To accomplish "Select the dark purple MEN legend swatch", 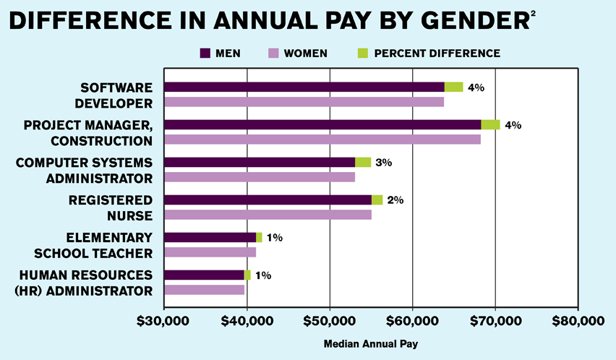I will pos(206,53).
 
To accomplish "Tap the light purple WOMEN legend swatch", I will pos(274,53).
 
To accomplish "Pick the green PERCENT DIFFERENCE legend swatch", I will pos(363,53).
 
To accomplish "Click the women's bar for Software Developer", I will pos(304,102).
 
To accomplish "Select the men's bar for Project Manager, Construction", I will pos(322,124).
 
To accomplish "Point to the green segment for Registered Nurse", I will pos(377,200).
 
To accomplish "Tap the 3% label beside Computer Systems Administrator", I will pos(383,163).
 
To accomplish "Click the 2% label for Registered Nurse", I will pos(395,200).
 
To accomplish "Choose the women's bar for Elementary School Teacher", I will pos(210,252).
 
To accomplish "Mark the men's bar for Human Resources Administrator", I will pos(204,275).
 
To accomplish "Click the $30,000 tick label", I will pos(164,321).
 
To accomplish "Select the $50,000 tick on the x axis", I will pos(330,321).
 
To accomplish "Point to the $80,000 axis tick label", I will pos(577,321).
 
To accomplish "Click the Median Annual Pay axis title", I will pos(370,343).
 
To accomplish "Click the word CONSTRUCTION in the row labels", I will pos(101,140).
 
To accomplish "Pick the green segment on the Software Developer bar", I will pos(453,87).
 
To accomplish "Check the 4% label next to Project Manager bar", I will pos(513,125).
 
